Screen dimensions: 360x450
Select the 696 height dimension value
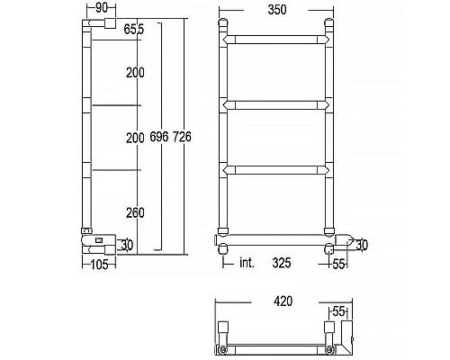point(160,137)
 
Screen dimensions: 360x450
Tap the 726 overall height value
point(183,137)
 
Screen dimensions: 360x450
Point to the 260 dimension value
point(135,213)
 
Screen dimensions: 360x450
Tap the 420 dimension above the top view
point(283,303)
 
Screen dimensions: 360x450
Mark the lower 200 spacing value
point(135,137)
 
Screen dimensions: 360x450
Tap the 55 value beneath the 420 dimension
point(337,310)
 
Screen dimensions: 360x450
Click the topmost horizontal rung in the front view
point(277,40)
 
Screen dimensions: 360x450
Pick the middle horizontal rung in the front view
point(277,105)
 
